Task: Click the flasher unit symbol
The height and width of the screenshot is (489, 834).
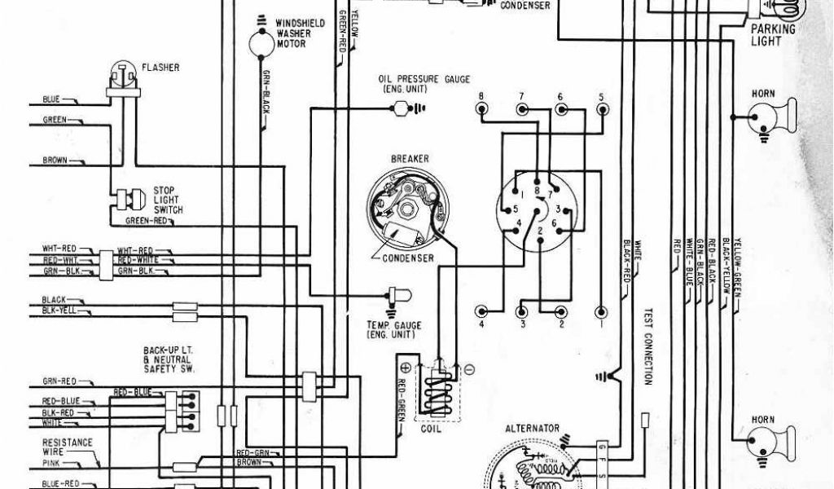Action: point(121,76)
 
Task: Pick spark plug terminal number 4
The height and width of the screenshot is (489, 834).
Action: point(482,312)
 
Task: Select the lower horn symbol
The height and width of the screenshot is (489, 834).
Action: point(766,440)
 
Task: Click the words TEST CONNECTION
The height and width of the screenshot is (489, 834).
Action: point(649,346)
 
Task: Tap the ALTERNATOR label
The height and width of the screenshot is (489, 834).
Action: point(532,428)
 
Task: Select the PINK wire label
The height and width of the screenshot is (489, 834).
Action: point(51,463)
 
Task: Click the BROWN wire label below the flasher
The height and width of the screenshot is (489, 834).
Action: point(55,161)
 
